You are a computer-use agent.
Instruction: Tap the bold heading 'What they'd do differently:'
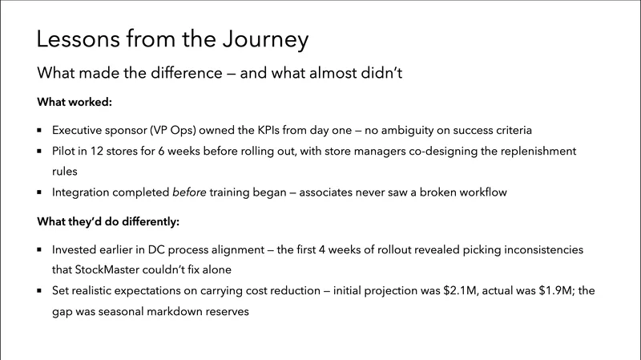[x=107, y=220]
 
